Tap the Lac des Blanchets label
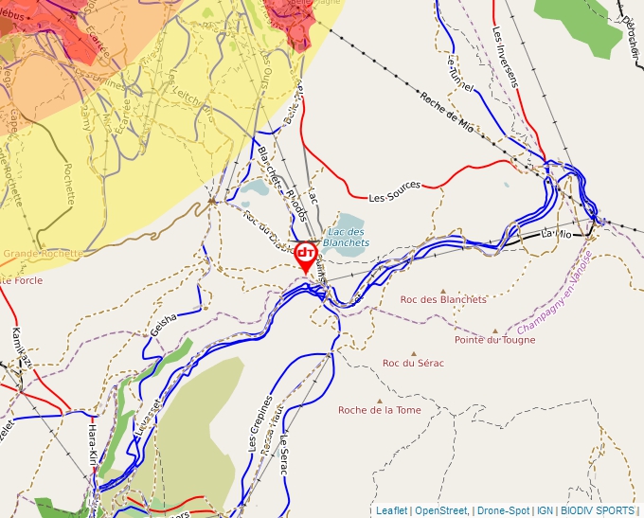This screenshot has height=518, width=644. pyautogui.click(x=346, y=237)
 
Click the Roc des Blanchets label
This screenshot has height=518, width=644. pyautogui.click(x=443, y=299)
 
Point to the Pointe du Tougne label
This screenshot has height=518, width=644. pyautogui.click(x=494, y=340)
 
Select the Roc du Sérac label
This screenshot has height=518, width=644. pyautogui.click(x=413, y=363)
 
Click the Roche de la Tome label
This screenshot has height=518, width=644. pyautogui.click(x=380, y=410)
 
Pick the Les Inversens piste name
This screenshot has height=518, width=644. pyautogui.click(x=506, y=57)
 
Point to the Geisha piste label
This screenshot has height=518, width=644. pyautogui.click(x=164, y=324)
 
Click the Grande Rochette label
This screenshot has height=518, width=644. pyautogui.click(x=42, y=254)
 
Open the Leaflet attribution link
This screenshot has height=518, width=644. pyautogui.click(x=391, y=510)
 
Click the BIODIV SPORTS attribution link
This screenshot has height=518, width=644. pyautogui.click(x=598, y=510)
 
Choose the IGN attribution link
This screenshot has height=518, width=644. pyautogui.click(x=545, y=510)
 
